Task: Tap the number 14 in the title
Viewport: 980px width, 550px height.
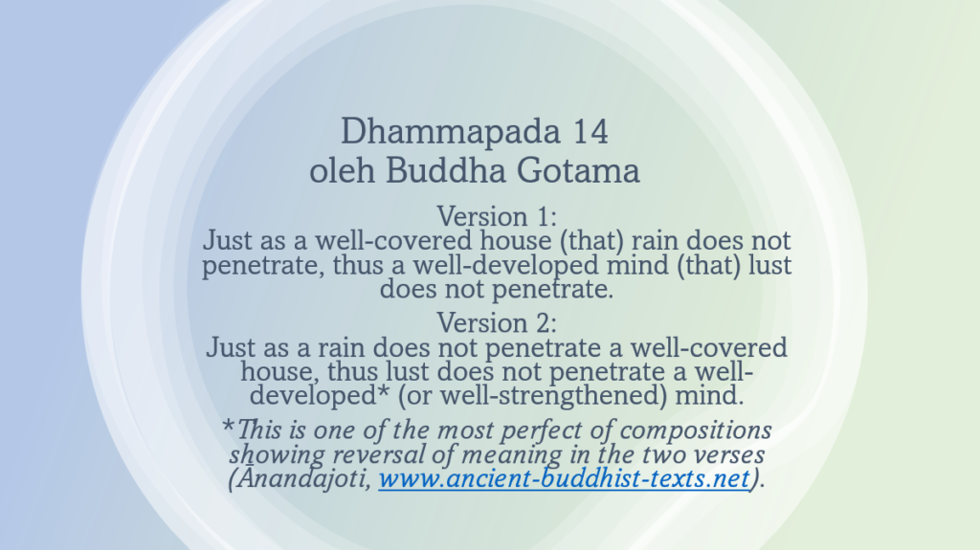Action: [x=591, y=131]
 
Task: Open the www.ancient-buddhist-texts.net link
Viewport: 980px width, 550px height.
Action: [x=563, y=478]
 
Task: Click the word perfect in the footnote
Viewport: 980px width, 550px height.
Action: [x=520, y=429]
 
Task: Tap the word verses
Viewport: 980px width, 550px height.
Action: [x=725, y=454]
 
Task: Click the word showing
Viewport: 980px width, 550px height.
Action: [x=271, y=454]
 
